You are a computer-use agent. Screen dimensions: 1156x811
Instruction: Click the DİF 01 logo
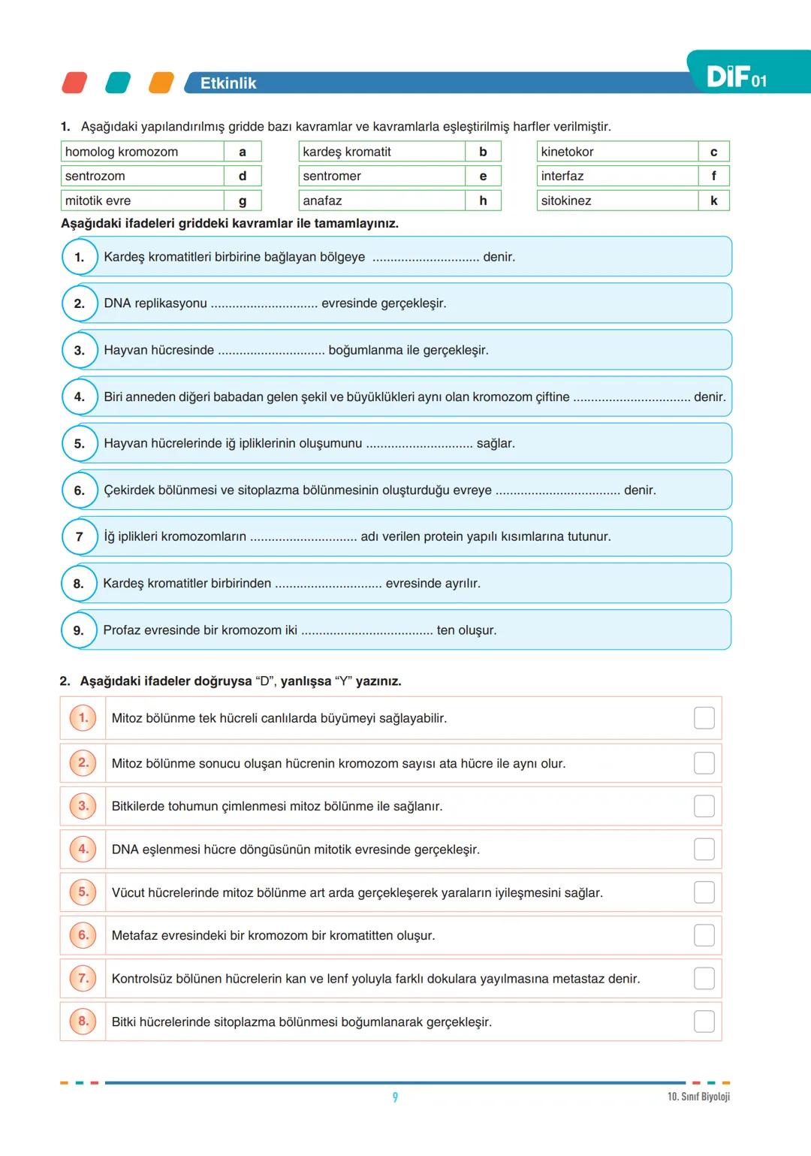tap(736, 77)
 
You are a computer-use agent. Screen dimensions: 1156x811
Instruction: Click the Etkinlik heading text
tap(228, 83)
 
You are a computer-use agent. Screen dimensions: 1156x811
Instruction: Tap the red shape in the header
tap(74, 83)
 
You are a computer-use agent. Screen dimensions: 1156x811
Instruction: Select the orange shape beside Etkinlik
tap(161, 83)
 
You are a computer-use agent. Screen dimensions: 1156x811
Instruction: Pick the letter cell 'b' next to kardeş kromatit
tap(483, 152)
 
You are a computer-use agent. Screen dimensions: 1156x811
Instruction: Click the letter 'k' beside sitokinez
tap(713, 201)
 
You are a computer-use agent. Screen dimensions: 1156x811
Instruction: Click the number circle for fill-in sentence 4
tap(80, 397)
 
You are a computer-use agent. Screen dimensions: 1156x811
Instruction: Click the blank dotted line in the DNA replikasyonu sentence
tap(264, 304)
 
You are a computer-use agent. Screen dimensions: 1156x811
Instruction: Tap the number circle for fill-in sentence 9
tap(79, 630)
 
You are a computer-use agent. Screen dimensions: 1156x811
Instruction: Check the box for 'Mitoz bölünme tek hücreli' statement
tap(704, 718)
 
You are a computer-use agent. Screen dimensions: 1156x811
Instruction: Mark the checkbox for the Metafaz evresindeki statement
tap(704, 935)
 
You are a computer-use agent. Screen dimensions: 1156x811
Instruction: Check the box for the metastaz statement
tap(704, 979)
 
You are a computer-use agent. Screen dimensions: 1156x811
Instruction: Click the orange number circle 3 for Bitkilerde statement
tap(83, 806)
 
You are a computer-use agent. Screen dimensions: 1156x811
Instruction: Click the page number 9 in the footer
tap(395, 1097)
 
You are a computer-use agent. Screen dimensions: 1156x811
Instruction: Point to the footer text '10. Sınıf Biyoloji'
tap(698, 1097)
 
